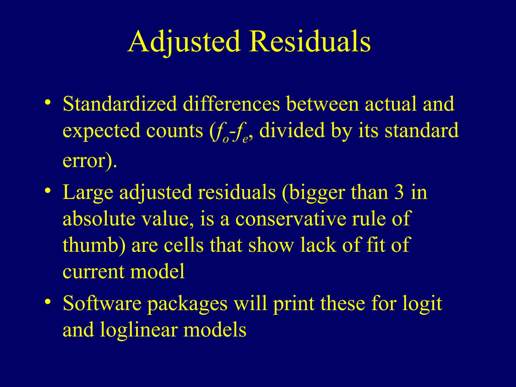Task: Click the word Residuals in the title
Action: (310, 42)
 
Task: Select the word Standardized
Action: (120, 104)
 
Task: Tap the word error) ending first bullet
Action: (89, 160)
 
